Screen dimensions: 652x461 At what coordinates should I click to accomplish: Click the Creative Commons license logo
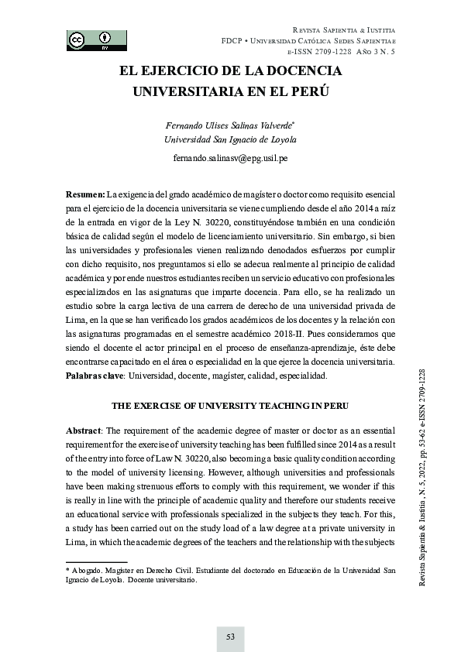(x=97, y=39)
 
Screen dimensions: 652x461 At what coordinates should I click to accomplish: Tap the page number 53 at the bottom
(x=230, y=637)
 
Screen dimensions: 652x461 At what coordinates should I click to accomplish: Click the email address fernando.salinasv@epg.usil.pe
(x=230, y=158)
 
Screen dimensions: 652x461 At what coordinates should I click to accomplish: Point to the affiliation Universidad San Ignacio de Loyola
(x=230, y=139)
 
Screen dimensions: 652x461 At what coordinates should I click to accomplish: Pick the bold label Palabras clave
(x=95, y=376)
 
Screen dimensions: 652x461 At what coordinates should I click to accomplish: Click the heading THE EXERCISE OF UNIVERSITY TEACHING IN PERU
(x=230, y=405)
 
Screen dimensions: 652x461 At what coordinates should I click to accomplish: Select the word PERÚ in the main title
(x=304, y=91)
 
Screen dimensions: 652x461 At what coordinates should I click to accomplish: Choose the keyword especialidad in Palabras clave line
(x=301, y=376)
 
